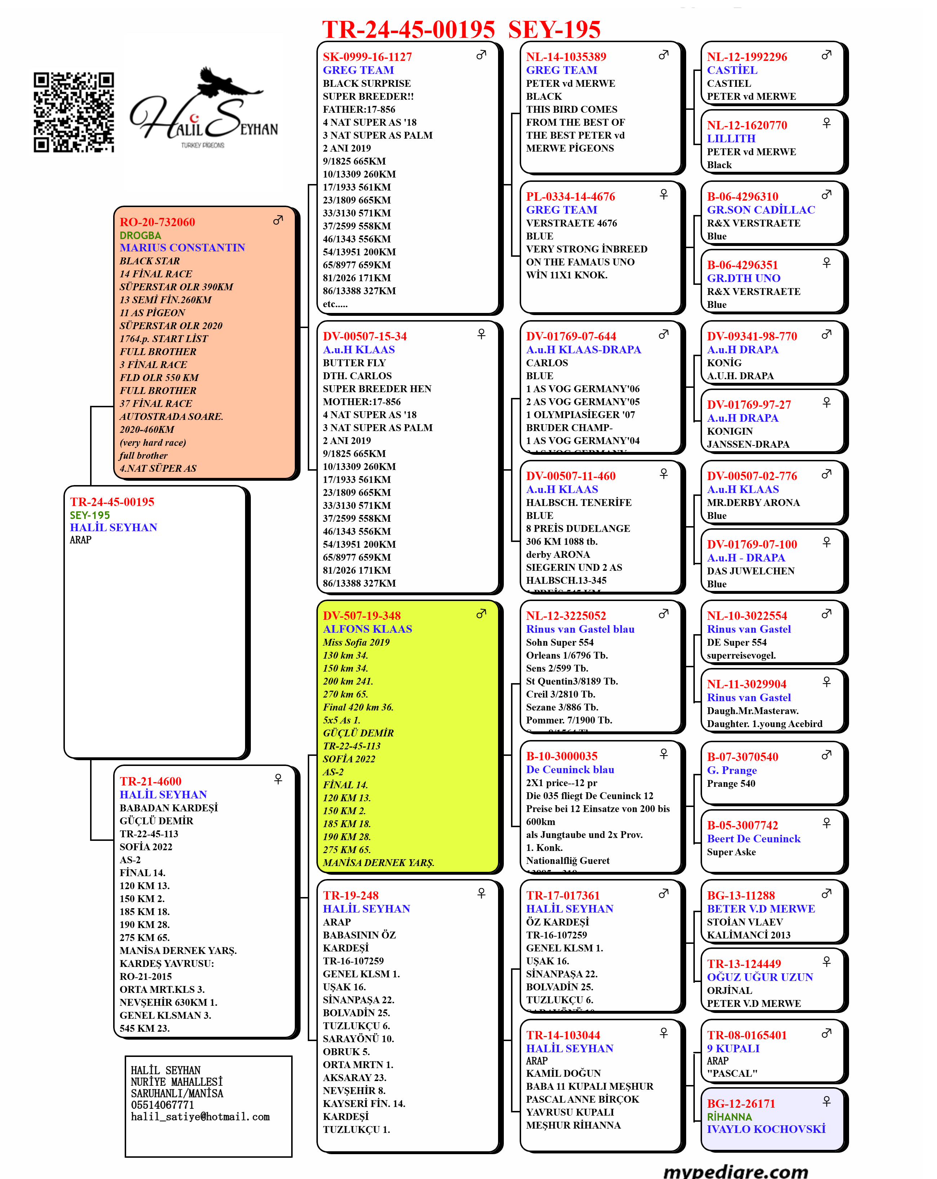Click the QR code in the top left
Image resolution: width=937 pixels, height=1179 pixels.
point(74,112)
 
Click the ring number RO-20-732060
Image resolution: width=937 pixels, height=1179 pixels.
point(157,222)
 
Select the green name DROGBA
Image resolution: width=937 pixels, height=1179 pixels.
point(140,235)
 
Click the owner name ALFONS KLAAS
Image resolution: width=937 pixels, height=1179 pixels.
point(367,629)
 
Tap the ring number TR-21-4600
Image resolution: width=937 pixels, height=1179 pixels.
point(151,781)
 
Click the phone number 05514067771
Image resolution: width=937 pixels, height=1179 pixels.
point(162,1105)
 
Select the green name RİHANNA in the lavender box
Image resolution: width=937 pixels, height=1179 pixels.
point(729,1117)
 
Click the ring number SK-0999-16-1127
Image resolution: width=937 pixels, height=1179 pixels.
point(367,57)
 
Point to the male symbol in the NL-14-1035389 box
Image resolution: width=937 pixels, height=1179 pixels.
point(663,55)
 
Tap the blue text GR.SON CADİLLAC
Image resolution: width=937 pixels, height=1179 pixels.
point(761,210)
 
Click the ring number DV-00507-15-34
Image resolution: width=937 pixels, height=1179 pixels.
point(364,336)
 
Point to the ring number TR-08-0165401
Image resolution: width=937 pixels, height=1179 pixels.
point(746,1035)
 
